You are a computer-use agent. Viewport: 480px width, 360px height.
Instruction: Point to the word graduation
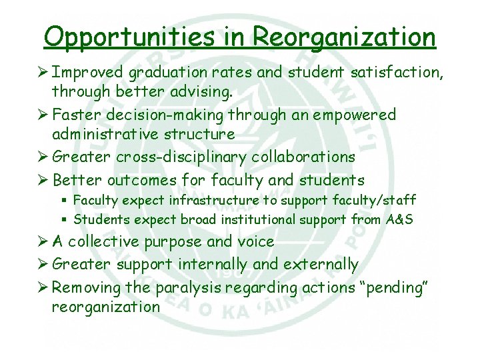click(167, 73)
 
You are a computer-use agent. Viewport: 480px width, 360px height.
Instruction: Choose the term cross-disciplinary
click(181, 157)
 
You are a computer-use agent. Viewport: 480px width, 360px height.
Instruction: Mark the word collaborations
click(303, 157)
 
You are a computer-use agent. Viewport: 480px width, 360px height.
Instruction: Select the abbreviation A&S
click(400, 219)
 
